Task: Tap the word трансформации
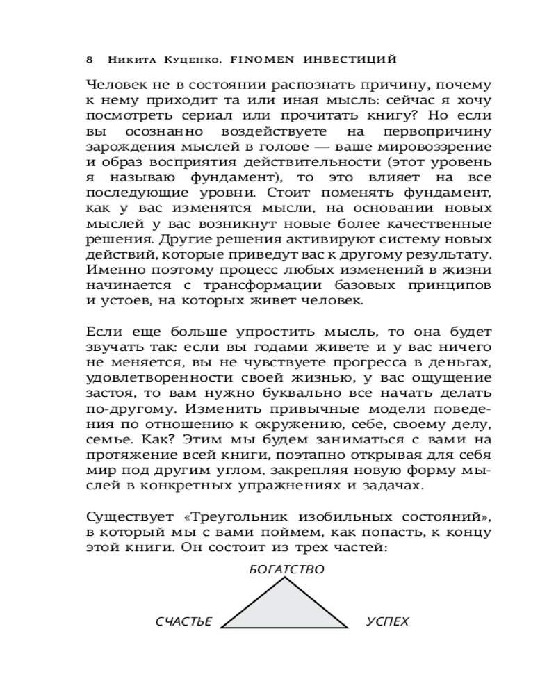[x=241, y=285]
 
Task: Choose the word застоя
[x=110, y=392]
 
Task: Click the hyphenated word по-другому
[x=124, y=407]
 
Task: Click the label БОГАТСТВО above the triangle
[x=286, y=569]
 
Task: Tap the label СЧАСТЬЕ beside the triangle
[x=183, y=621]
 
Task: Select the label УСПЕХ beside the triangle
[x=388, y=621]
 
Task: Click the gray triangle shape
[x=285, y=612]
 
